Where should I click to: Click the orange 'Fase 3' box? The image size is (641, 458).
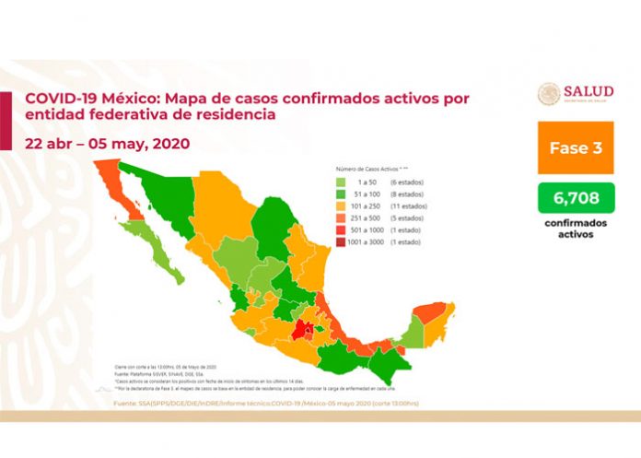(577, 147)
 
